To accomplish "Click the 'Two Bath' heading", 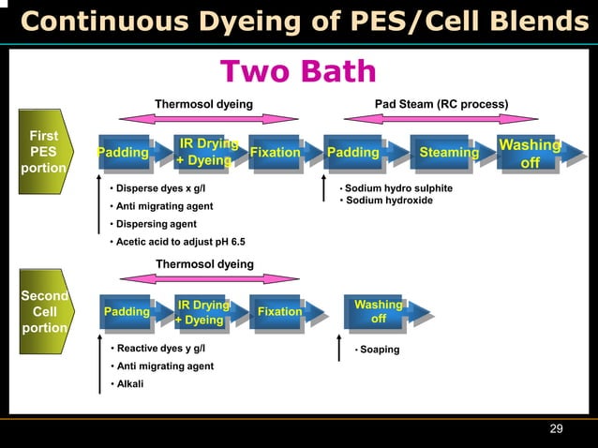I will click(x=297, y=71).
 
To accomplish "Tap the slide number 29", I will click(x=556, y=428).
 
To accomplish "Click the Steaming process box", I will click(x=448, y=152).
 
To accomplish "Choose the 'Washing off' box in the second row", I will click(x=378, y=312).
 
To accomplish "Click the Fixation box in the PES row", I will click(x=275, y=152).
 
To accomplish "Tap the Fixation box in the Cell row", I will click(x=279, y=312).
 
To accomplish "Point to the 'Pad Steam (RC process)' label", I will click(x=441, y=103).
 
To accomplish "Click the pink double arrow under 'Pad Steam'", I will click(x=441, y=119).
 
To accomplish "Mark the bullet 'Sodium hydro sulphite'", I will click(x=398, y=188).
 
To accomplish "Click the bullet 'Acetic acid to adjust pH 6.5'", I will click(x=180, y=242).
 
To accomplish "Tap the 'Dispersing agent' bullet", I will click(x=156, y=224).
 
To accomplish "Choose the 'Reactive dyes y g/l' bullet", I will click(x=159, y=349).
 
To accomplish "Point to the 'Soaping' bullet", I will click(x=379, y=350).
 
